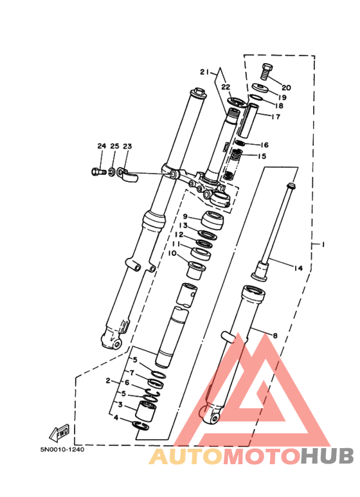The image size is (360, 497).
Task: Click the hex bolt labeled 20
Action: [267, 71]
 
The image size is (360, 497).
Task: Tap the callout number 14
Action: [298, 268]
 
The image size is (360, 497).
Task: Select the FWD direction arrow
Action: [59, 431]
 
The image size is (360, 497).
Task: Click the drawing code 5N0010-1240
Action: [62, 449]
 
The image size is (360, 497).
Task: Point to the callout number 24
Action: [102, 146]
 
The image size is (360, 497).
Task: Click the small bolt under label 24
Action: [98, 172]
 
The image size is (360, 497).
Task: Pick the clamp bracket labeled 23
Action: [127, 176]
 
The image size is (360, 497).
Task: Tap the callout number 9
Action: [185, 217]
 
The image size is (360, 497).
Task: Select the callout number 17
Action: [276, 116]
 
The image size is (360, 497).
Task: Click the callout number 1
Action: [323, 244]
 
